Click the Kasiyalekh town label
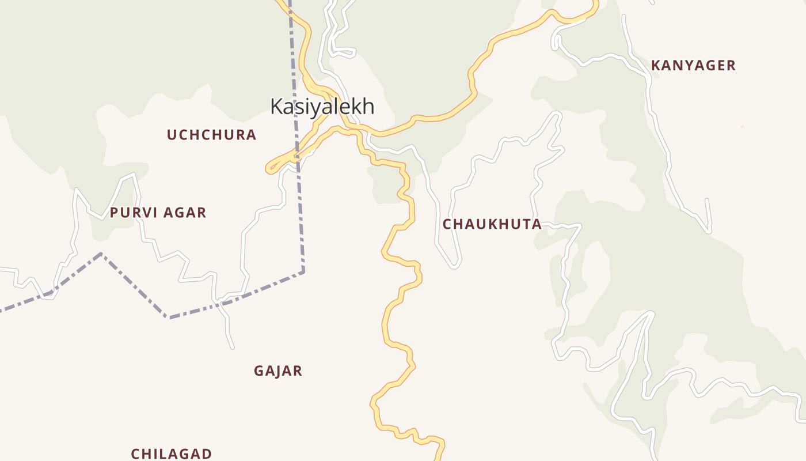pyautogui.click(x=322, y=107)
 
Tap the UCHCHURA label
pyautogui.click(x=211, y=135)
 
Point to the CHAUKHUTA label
pyautogui.click(x=492, y=224)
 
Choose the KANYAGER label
pyautogui.click(x=693, y=66)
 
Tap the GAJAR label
pyautogui.click(x=278, y=371)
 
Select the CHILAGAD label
pyautogui.click(x=172, y=454)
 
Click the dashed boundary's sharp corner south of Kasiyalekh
pyautogui.click(x=303, y=271)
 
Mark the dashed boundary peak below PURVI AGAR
pyautogui.click(x=101, y=253)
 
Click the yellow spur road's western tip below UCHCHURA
pyautogui.click(x=268, y=169)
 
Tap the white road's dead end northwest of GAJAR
pyautogui.click(x=233, y=347)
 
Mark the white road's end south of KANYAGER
pyautogui.click(x=710, y=232)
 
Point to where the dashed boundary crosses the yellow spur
pyautogui.click(x=297, y=155)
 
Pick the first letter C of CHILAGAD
pyautogui.click(x=135, y=454)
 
